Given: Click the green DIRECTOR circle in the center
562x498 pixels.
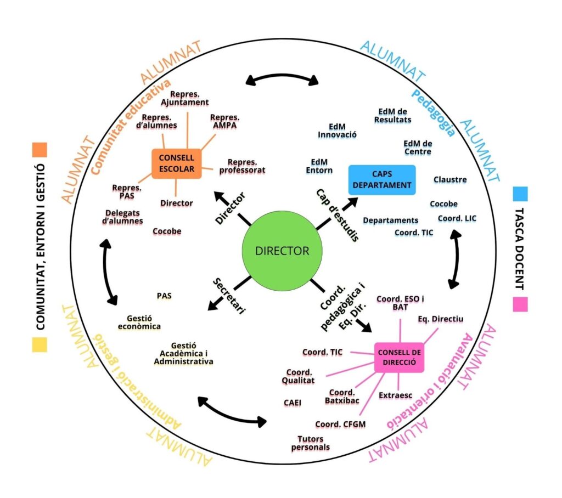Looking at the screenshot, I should pos(282,251).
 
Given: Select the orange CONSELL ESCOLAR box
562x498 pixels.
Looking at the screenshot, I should pos(176,163).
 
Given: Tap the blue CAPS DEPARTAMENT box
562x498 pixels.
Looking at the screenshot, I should pos(382,179).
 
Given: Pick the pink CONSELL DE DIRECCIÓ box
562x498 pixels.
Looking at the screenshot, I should pos(398,358).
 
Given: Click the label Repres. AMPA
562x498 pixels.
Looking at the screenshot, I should pos(224,121).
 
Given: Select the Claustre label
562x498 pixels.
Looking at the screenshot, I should pos(450,179).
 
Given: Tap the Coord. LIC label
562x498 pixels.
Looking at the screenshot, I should pos(457,218).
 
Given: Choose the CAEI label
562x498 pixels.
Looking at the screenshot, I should pos(293,402).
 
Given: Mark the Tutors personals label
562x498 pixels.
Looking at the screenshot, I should pos(311,443).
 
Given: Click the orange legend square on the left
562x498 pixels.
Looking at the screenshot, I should pos(40,150).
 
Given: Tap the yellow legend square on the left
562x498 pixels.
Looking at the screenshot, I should pos(40,344).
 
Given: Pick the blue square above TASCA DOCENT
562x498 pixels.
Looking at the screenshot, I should pos(520,194).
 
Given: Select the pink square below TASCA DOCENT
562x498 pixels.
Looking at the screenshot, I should pos(520,304).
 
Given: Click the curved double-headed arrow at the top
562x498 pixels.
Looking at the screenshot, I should pos(282,78).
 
